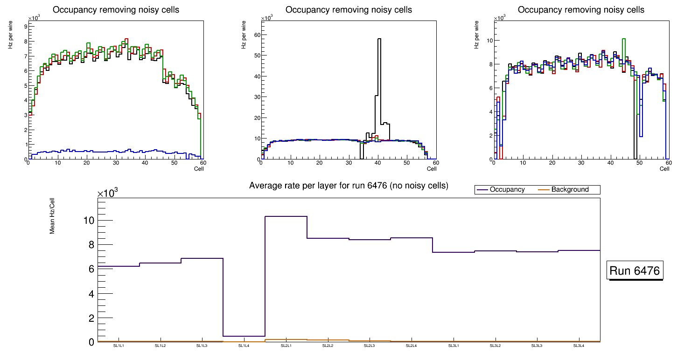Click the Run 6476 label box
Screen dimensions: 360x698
coord(635,271)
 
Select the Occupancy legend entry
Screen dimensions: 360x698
coord(507,190)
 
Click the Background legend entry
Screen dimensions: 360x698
coord(570,190)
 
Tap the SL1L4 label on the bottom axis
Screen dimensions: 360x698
coord(244,346)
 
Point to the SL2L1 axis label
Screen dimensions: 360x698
coord(286,346)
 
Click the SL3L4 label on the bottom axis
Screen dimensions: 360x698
coord(579,346)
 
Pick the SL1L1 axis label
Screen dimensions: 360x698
coord(119,346)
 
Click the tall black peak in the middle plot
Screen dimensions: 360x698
coord(379,39)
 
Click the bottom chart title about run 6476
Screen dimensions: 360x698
coord(349,186)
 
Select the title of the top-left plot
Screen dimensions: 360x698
coord(116,10)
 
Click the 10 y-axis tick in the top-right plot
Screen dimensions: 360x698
coord(489,41)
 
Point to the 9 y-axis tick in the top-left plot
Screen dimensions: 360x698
coord(25,27)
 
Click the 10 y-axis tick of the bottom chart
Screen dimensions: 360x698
coord(90,220)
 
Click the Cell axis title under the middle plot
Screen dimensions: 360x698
coord(432,168)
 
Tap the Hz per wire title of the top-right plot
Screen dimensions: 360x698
coord(477,34)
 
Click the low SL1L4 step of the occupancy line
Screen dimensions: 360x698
coord(244,336)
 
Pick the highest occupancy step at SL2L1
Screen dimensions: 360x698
coord(286,216)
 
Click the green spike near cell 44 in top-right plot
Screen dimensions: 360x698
coord(624,39)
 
